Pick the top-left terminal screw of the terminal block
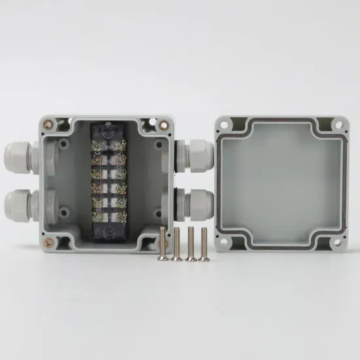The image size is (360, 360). tap(98, 146)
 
